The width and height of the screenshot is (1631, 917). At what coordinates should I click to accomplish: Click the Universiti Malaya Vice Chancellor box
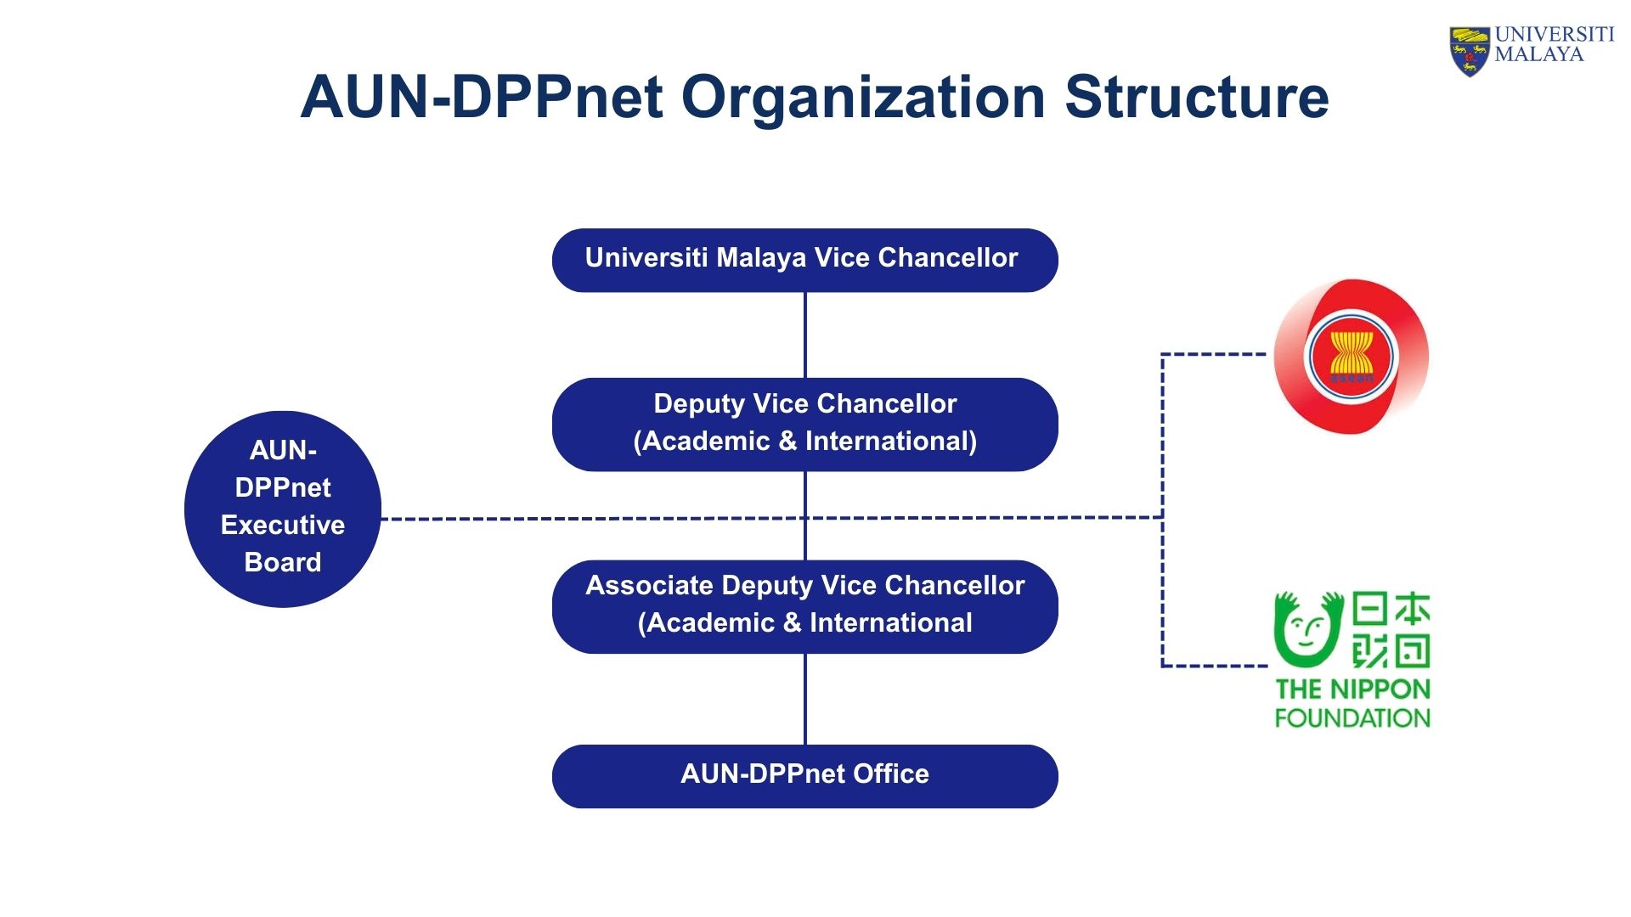pos(804,260)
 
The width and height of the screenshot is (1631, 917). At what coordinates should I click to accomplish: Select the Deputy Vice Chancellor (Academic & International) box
pos(804,424)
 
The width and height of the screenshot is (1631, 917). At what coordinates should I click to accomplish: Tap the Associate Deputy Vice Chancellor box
pos(804,606)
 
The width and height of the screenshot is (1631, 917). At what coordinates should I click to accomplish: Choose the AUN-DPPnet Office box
pos(804,776)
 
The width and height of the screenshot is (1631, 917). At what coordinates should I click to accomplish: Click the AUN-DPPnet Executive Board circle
pos(282,509)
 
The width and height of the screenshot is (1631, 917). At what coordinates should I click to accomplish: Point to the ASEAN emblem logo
pos(1351,356)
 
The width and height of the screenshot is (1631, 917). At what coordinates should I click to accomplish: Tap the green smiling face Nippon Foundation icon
pos(1307,630)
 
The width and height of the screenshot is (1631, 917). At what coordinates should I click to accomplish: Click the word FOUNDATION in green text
pos(1352,718)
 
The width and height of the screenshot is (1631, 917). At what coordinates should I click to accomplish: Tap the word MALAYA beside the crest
pos(1538,55)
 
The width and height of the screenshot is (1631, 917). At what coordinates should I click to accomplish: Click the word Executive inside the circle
pos(282,525)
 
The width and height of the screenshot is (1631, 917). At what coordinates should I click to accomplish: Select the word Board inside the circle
pos(282,562)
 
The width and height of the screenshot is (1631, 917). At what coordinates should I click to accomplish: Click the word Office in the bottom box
pos(890,774)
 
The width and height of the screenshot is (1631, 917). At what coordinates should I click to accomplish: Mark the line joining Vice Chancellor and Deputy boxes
pos(804,335)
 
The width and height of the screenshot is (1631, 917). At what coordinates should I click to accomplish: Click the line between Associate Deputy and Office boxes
pos(804,699)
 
